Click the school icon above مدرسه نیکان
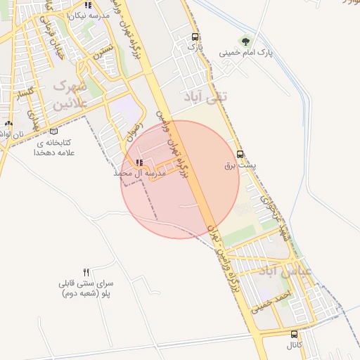click(x=87, y=4)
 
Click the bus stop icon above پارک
click(x=195, y=37)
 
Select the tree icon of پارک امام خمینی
click(x=245, y=41)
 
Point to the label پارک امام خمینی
click(x=245, y=52)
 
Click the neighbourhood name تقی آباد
click(x=205, y=96)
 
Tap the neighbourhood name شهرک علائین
click(x=70, y=94)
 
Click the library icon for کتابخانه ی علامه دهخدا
click(x=54, y=131)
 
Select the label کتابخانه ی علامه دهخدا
click(x=53, y=146)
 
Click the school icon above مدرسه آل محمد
click(x=138, y=162)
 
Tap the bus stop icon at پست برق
click(x=240, y=154)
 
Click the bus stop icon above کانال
click(x=294, y=335)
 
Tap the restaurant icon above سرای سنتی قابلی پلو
click(x=86, y=271)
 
